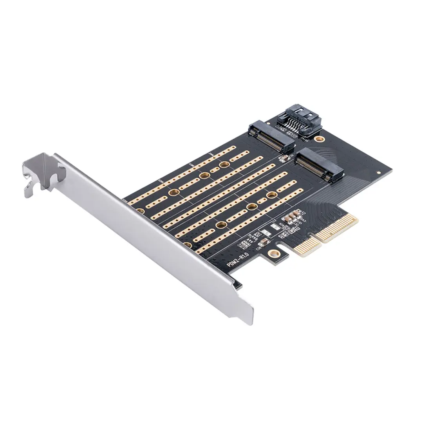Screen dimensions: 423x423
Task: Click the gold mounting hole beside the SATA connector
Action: click(320, 139)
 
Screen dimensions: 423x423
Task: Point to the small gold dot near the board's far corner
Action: click(379, 172)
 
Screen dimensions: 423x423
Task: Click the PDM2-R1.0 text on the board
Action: click(239, 260)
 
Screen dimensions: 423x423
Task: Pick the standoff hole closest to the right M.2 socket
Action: click(272, 194)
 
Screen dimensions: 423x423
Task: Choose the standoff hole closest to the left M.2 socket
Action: click(224, 165)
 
